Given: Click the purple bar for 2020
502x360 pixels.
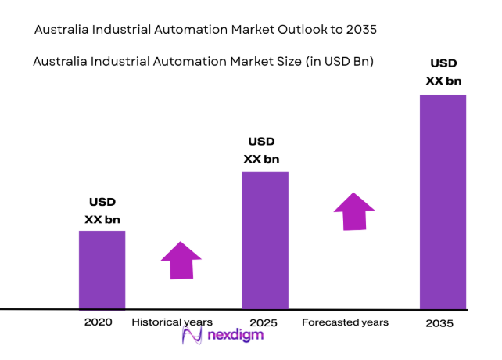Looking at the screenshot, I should pyautogui.click(x=102, y=269).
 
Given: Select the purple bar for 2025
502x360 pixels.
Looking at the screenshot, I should pyautogui.click(x=265, y=239).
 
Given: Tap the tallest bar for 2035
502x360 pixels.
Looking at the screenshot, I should pyautogui.click(x=443, y=201).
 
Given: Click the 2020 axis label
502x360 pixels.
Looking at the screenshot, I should pyautogui.click(x=99, y=322).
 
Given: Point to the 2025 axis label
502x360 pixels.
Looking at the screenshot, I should pyautogui.click(x=264, y=322).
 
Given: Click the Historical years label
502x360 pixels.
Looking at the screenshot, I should pyautogui.click(x=172, y=322).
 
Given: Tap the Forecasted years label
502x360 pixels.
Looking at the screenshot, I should pyautogui.click(x=345, y=322).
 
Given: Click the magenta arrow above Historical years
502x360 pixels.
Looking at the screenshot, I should pyautogui.click(x=181, y=260).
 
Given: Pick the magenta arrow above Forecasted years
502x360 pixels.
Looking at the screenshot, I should pyautogui.click(x=353, y=211).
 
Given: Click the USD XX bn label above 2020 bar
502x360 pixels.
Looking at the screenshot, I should pyautogui.click(x=102, y=211).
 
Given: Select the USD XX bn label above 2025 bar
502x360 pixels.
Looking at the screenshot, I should pyautogui.click(x=261, y=150).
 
